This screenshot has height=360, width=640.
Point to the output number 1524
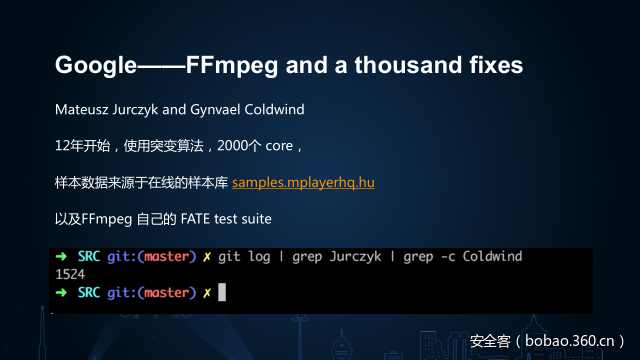71,274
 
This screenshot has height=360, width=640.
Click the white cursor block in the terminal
222,292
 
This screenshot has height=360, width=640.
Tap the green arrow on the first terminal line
61,257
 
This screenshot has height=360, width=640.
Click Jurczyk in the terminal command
355,257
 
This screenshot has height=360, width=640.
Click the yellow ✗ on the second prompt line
206,292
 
